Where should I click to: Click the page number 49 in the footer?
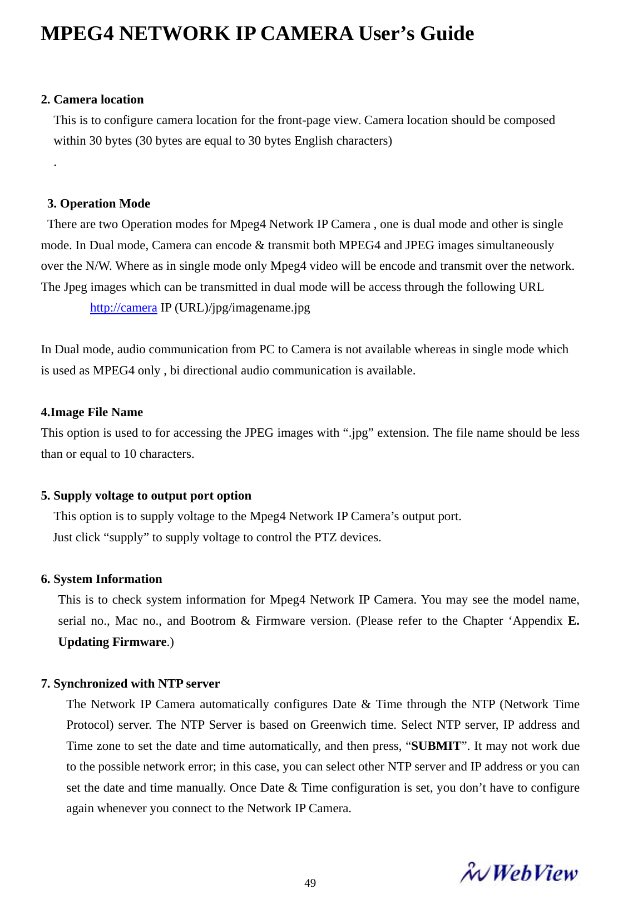[x=310, y=883]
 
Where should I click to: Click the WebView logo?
[x=518, y=873]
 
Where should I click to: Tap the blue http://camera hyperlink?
[x=123, y=308]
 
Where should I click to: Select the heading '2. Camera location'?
[x=92, y=100]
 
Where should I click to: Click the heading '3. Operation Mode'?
[x=98, y=204]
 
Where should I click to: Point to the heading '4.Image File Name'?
[x=92, y=412]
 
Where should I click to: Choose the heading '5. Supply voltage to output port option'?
[x=146, y=496]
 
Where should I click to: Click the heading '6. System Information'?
[x=101, y=579]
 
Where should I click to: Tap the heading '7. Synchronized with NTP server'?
[x=130, y=684]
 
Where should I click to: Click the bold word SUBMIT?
[x=436, y=746]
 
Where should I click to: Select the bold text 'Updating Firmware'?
[x=112, y=642]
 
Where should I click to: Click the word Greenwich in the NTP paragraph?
[x=338, y=725]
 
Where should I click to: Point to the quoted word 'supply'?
[x=126, y=537]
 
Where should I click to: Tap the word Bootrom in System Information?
[x=212, y=621]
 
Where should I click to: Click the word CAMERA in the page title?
[x=306, y=34]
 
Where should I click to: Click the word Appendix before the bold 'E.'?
[x=537, y=621]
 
